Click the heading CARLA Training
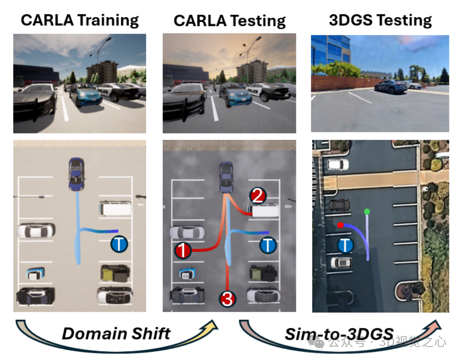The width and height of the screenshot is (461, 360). (x=79, y=21)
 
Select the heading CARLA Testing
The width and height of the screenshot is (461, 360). (x=229, y=21)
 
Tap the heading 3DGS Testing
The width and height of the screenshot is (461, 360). (x=380, y=20)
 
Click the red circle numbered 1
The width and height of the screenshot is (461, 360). (x=183, y=249)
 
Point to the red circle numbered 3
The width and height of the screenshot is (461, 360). (x=227, y=299)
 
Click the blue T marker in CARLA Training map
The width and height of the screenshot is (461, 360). (x=119, y=244)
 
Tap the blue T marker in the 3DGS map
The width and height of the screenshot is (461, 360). (x=345, y=246)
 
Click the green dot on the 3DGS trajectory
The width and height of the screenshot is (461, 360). (x=367, y=211)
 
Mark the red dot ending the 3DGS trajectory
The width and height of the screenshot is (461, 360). (x=340, y=225)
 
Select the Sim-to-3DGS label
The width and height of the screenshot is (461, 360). (x=339, y=334)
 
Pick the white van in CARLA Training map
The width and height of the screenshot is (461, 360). (x=115, y=208)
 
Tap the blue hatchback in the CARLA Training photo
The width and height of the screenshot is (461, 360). (x=85, y=95)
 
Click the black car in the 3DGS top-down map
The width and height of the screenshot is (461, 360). (x=340, y=205)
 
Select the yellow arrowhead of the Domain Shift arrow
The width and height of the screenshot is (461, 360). (x=211, y=326)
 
